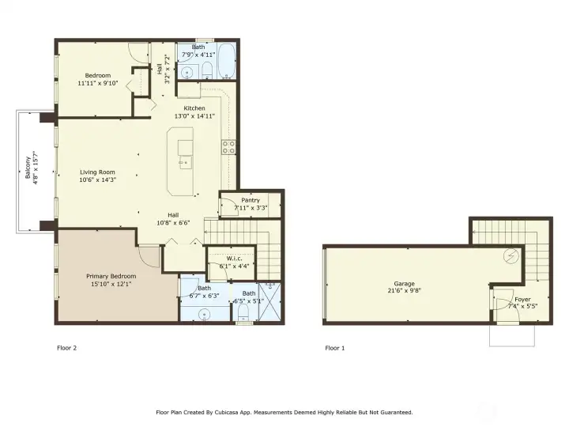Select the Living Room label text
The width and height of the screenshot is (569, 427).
coord(97,172)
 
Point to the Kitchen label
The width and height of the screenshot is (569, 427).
coord(194,108)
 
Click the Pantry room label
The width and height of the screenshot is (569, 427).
coord(251,200)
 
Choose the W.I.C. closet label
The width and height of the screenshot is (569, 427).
coord(234,258)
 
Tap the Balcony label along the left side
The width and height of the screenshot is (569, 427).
coord(28,165)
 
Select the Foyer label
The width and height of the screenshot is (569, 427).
coord(522,299)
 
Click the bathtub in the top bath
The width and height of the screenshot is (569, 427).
coord(226,62)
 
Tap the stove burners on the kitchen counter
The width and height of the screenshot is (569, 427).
coord(228,147)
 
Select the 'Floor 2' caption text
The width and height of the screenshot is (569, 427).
coord(67,348)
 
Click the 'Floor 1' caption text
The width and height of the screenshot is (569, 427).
coord(334,348)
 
